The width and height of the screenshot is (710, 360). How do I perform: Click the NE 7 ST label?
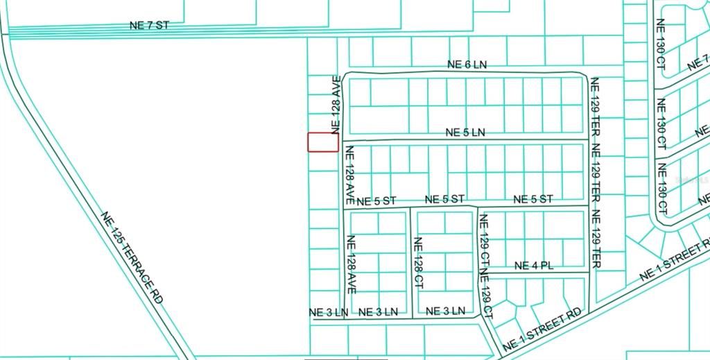(149, 25)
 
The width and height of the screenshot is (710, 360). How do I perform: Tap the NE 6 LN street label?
(467, 65)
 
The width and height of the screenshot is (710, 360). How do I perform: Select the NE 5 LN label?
(465, 132)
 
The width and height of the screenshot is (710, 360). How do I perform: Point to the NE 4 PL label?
(534, 266)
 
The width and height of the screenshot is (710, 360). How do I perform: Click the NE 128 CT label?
(418, 263)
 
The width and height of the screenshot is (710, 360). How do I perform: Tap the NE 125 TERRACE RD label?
(132, 257)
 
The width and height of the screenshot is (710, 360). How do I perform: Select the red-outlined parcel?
(323, 142)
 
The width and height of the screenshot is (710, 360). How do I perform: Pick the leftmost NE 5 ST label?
(376, 201)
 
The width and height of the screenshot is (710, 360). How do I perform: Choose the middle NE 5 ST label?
(444, 199)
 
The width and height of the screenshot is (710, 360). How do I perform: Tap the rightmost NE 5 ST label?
(533, 199)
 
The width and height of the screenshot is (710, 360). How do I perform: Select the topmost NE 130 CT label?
(661, 44)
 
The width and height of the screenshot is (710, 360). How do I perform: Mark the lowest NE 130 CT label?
(661, 188)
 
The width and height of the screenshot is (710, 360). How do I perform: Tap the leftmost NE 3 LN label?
(328, 312)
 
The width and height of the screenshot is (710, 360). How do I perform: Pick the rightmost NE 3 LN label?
(445, 311)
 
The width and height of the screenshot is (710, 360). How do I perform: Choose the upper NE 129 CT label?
(484, 240)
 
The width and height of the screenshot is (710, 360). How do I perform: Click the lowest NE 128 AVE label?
(351, 264)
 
